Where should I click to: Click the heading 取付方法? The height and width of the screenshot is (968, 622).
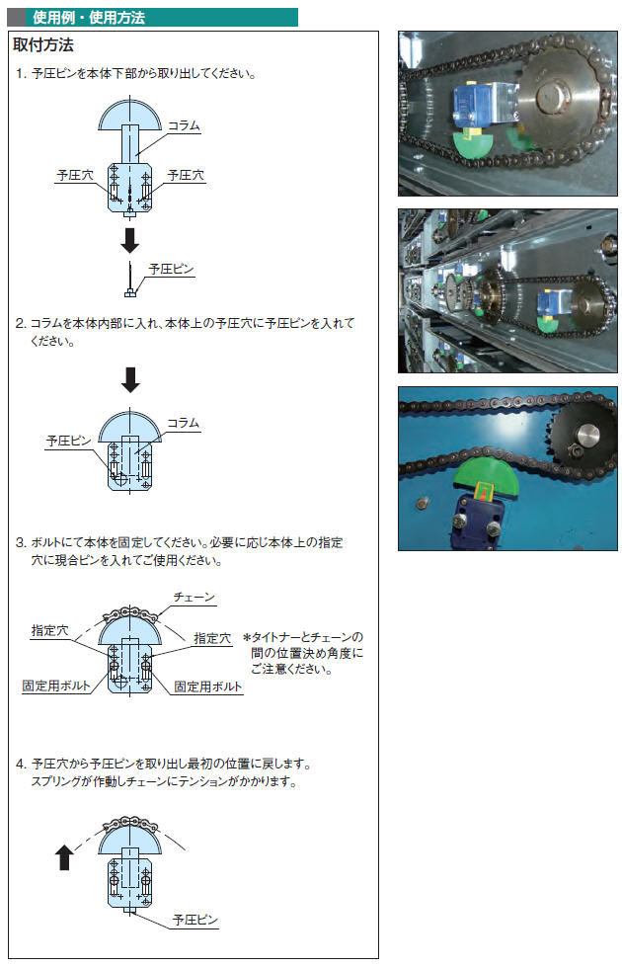[x=43, y=45]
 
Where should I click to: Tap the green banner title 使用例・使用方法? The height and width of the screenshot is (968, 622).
[x=89, y=18]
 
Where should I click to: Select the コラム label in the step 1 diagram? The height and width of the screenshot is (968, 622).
[x=184, y=125]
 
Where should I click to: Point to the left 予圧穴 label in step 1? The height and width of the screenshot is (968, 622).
[x=75, y=176]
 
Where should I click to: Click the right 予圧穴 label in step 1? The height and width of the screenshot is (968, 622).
[x=186, y=176]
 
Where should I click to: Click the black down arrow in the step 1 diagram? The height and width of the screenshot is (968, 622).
[x=129, y=240]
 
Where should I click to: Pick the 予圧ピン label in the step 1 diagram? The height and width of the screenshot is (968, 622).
[x=171, y=269]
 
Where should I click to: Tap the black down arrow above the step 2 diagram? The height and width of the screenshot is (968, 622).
[x=130, y=379]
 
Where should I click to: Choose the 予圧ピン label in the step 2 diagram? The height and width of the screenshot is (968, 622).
[x=68, y=441]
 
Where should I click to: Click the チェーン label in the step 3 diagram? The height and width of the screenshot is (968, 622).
[x=194, y=597]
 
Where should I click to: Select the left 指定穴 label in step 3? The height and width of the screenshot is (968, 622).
[x=50, y=630]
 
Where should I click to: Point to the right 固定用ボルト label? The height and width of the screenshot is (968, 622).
[x=208, y=686]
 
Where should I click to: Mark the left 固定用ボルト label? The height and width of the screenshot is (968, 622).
[x=56, y=686]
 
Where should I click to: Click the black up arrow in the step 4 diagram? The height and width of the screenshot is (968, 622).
[x=65, y=857]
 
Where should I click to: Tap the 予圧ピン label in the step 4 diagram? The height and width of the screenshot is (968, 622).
[x=195, y=920]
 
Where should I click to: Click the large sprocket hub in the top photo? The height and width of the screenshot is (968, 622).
[x=551, y=97]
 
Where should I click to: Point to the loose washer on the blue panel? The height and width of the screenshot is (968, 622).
[x=423, y=502]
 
